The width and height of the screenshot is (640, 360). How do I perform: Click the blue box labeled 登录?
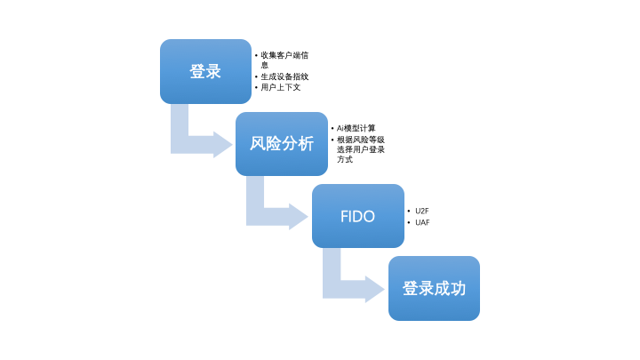point(205,71)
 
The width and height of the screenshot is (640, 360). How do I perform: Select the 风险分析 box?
point(281,143)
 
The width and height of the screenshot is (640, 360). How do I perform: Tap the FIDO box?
point(357,216)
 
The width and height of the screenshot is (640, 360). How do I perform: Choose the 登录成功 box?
point(434,288)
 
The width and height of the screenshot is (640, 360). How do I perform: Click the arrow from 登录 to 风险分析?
point(196,138)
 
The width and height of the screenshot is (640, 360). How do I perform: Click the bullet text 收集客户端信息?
point(284,60)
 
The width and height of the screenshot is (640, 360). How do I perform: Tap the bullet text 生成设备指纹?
point(284,76)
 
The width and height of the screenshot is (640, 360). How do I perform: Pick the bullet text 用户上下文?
point(281,88)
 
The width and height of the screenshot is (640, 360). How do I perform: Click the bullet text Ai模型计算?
point(356,128)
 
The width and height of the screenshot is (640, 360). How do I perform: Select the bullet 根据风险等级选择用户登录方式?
point(360,149)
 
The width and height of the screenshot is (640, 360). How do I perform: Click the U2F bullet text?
point(422,211)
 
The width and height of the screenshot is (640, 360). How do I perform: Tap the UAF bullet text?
point(422,222)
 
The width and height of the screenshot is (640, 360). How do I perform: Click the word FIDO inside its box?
point(357,216)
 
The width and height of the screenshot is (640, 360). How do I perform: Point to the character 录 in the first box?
point(213,71)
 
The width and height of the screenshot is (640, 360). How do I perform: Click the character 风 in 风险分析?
point(258,143)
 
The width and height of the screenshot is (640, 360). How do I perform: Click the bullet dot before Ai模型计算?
point(332,128)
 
